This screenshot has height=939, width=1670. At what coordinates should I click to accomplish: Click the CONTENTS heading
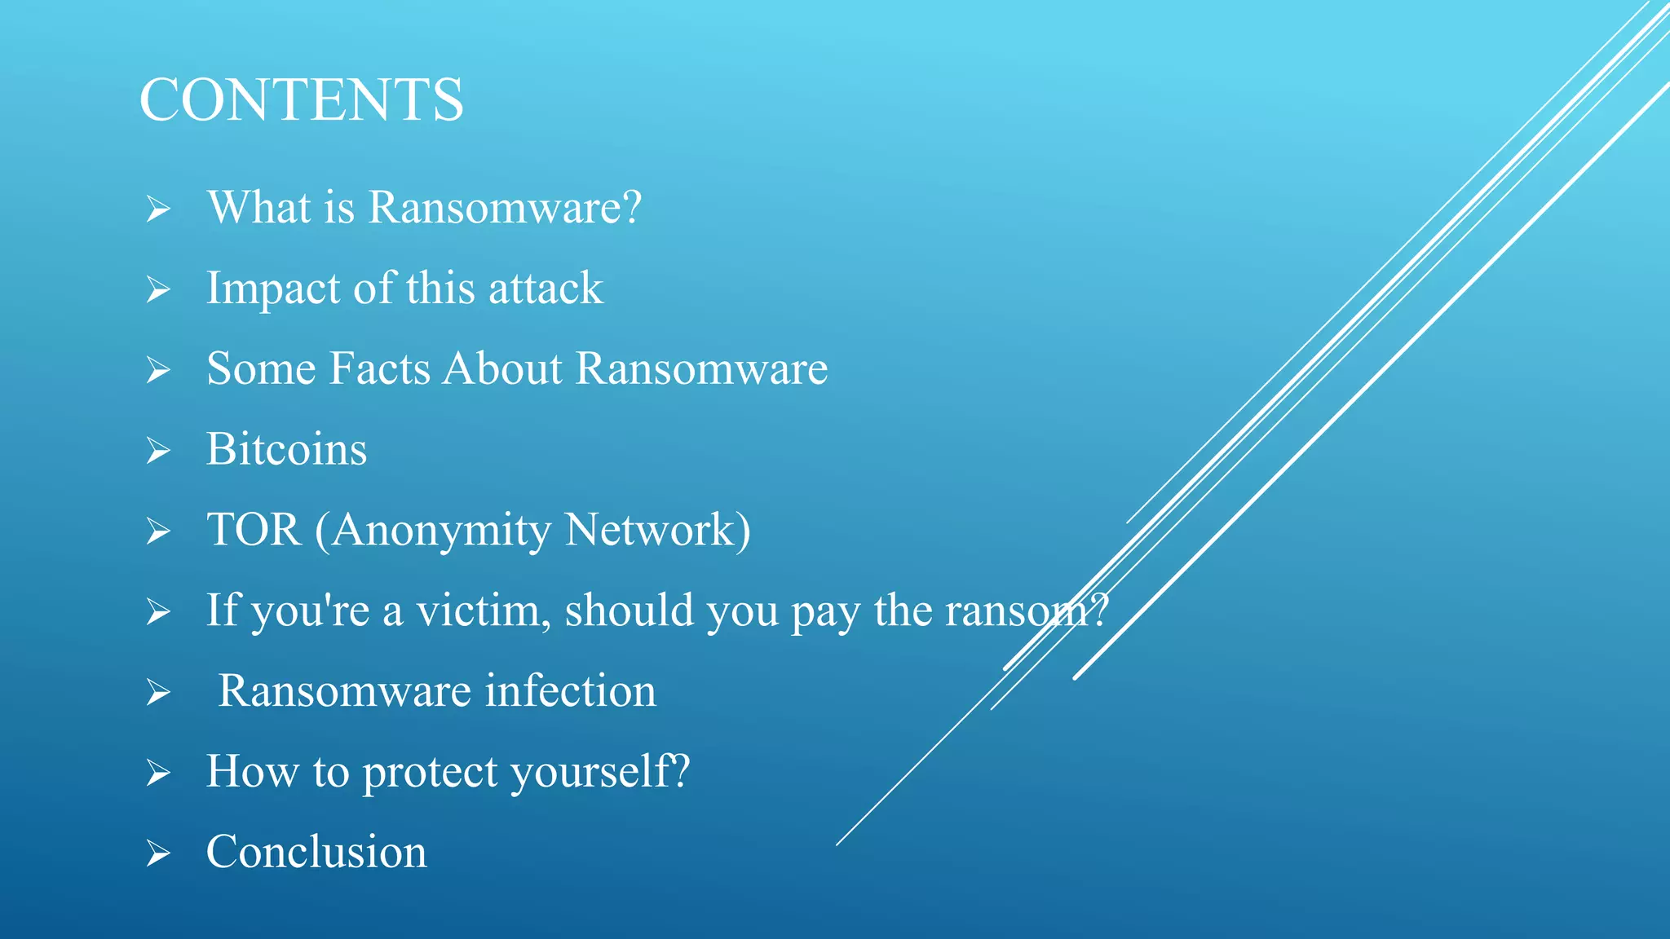(302, 100)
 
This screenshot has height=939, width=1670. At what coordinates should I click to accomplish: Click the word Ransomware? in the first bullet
(505, 207)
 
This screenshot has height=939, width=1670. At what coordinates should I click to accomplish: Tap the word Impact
(273, 289)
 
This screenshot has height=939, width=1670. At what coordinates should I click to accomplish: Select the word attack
(546, 289)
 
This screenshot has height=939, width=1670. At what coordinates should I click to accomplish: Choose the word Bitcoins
(286, 449)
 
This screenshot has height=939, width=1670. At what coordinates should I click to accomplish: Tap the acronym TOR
(254, 530)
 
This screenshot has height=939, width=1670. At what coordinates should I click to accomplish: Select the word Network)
(657, 530)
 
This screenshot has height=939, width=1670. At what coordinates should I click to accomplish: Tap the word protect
(430, 772)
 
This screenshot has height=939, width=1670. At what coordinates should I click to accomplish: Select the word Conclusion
(316, 852)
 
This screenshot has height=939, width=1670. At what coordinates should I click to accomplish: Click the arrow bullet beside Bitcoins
(158, 451)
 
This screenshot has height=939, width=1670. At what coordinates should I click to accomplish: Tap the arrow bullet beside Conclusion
(158, 853)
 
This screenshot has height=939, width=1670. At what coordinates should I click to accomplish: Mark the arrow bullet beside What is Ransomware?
(158, 209)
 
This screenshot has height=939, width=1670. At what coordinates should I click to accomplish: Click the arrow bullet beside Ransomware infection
(158, 693)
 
